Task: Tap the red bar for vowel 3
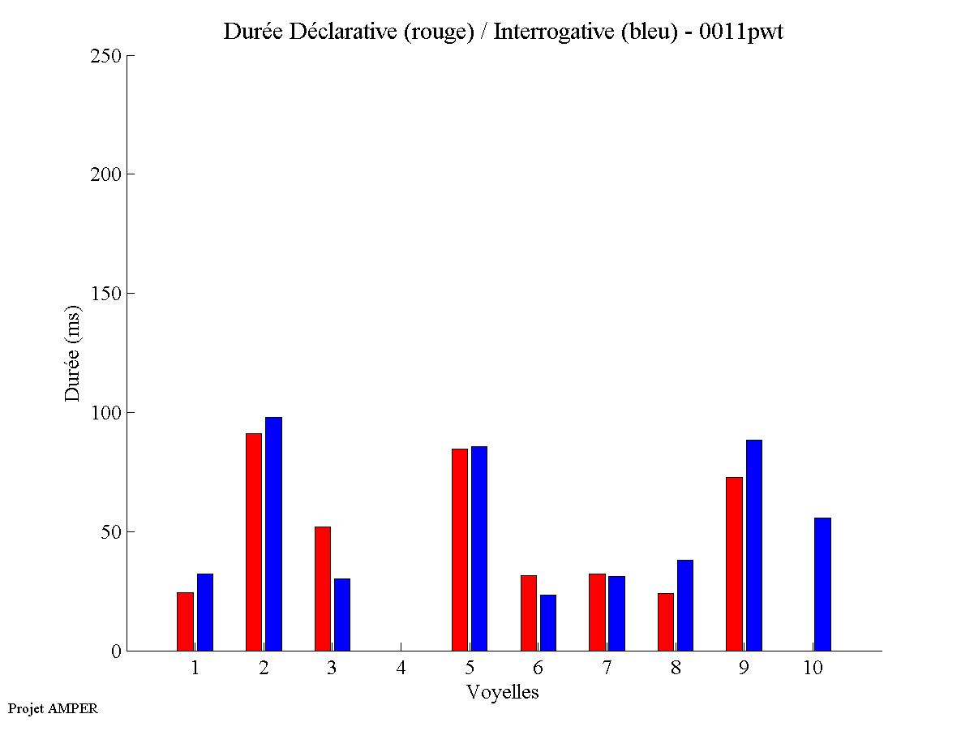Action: (x=323, y=588)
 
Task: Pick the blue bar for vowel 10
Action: (x=822, y=584)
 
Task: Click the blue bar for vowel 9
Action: (x=754, y=545)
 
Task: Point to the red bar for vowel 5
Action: (x=460, y=549)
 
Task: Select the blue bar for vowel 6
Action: (x=548, y=622)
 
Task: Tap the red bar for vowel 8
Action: (x=666, y=621)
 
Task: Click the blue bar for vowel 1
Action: (x=205, y=612)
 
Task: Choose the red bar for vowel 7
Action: (x=597, y=612)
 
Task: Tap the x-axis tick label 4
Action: (x=401, y=669)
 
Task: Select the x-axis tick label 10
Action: (x=813, y=669)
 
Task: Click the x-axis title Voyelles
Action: (x=503, y=692)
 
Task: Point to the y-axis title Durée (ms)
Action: (x=73, y=353)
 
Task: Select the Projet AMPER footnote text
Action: (x=53, y=708)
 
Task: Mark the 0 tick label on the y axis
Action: (x=116, y=651)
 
